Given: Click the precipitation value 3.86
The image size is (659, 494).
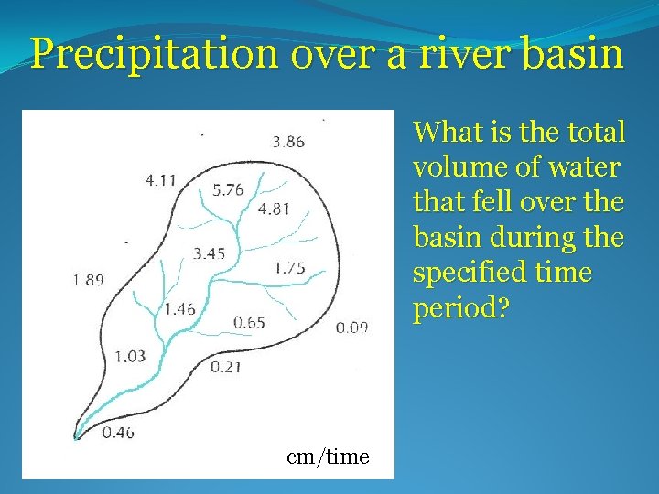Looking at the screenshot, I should [288, 142].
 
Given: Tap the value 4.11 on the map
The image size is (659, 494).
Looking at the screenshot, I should [161, 180].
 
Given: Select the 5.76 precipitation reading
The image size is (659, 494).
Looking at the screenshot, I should [228, 190].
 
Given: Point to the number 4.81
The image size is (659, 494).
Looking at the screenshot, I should [274, 209].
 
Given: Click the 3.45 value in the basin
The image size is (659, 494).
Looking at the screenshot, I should [209, 253].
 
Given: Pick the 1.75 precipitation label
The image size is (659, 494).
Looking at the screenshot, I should [289, 268].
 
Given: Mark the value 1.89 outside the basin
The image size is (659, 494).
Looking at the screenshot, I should [89, 280].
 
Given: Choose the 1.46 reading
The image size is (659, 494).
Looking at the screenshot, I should [179, 309].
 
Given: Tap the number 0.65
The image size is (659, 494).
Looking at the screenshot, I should [249, 322].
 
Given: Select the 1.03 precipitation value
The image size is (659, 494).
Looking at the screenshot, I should [130, 356].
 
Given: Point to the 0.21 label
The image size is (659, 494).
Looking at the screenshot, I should [225, 368].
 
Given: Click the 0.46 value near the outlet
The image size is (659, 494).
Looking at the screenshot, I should [118, 432].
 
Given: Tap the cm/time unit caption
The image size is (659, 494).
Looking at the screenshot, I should [328, 456].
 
